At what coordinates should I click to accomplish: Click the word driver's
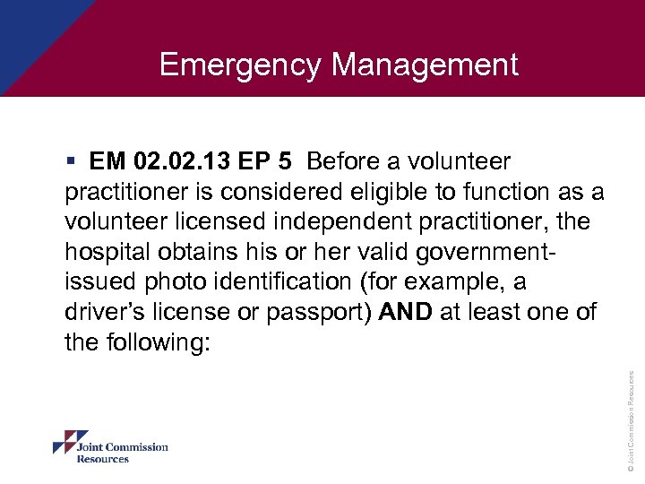108,311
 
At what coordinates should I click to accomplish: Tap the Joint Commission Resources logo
110,446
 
